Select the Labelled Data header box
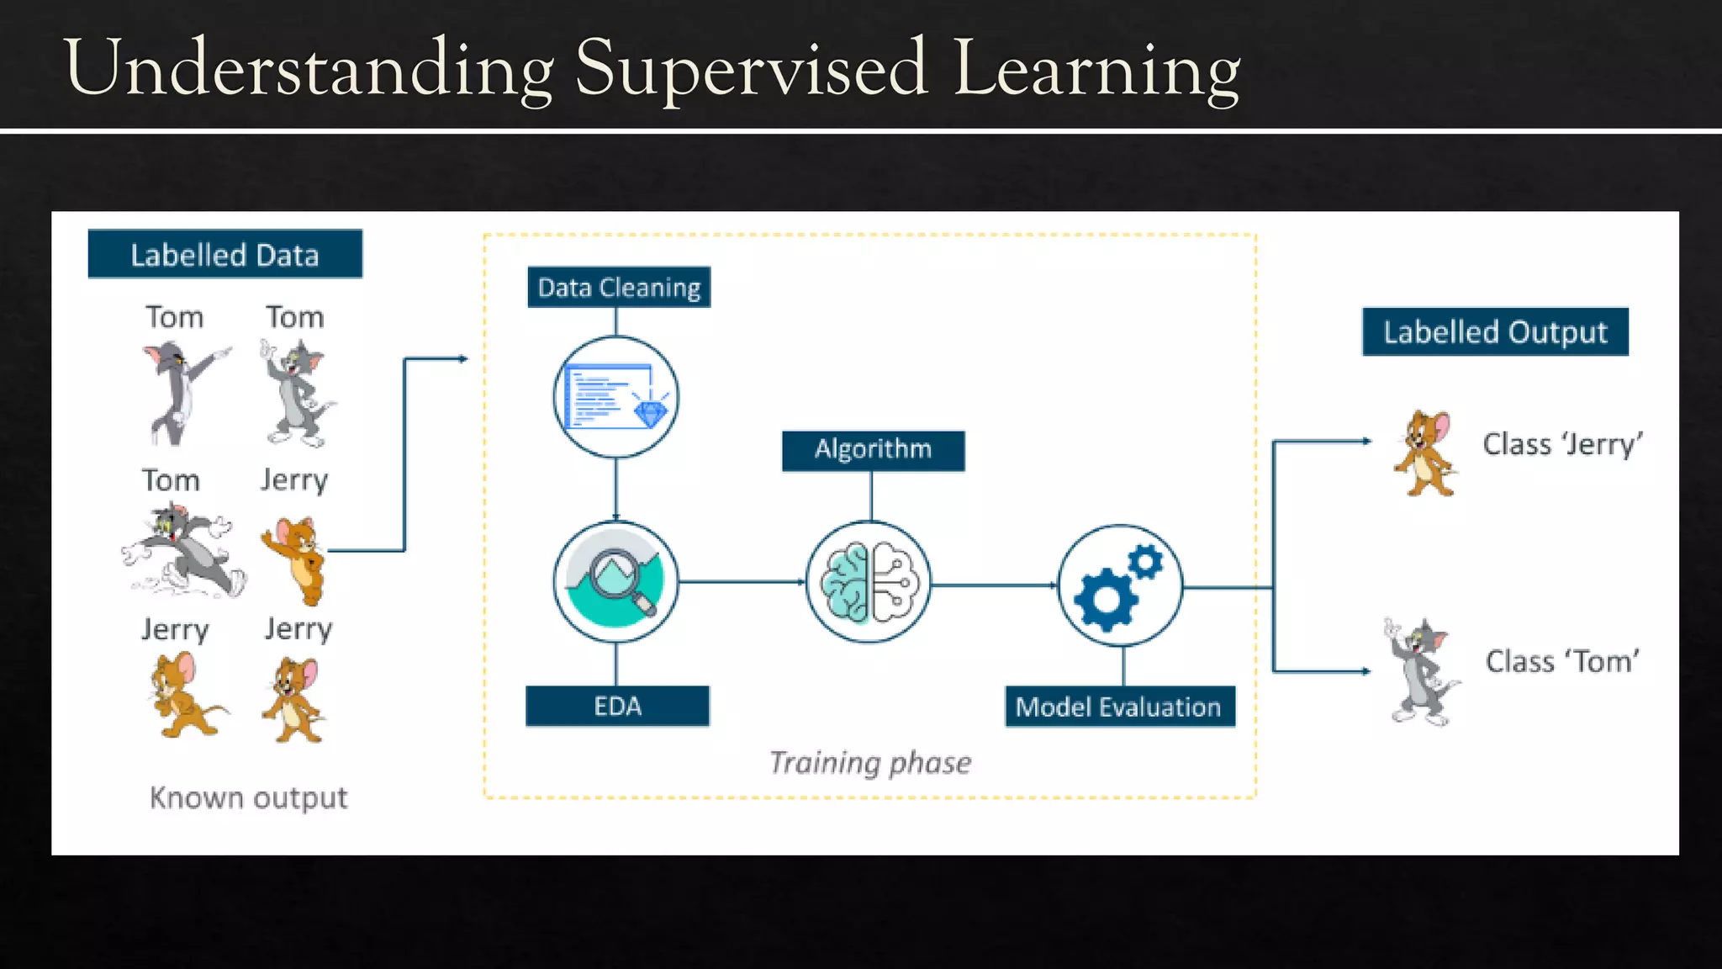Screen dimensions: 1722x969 [x=224, y=254]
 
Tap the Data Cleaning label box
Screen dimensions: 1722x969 [x=619, y=288]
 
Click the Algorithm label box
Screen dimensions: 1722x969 [x=873, y=450]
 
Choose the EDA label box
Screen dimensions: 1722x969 [x=617, y=706]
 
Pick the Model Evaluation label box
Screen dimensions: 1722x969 [x=1119, y=707]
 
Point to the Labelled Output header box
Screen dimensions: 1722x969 [x=1495, y=332]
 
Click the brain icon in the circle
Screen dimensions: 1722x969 [x=869, y=582]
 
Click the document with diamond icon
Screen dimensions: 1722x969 [x=616, y=397]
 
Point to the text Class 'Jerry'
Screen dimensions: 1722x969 [x=1562, y=444]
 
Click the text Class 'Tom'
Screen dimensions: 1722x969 [x=1562, y=662]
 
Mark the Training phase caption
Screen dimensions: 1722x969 [x=870, y=762]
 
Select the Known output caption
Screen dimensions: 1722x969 [x=248, y=797]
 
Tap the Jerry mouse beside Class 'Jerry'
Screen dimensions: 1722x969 [x=1425, y=453]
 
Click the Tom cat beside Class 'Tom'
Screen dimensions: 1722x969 [x=1421, y=671]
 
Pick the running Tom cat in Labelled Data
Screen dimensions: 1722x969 [x=182, y=551]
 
